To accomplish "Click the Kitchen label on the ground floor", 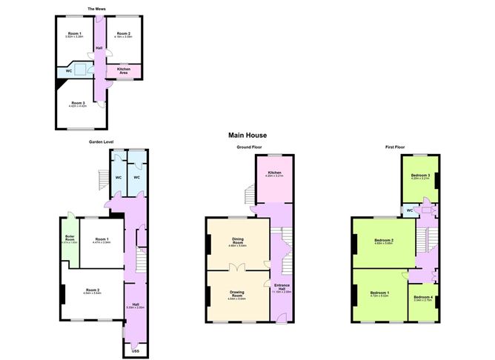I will point(275,172).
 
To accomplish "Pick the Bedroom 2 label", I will point(383,240).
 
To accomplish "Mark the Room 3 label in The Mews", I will point(79,103).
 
